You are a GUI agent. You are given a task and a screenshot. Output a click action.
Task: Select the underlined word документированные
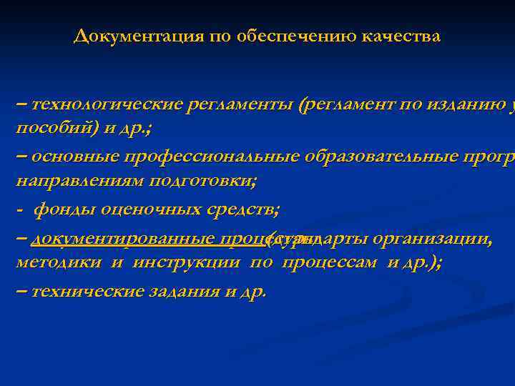[x=123, y=241]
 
